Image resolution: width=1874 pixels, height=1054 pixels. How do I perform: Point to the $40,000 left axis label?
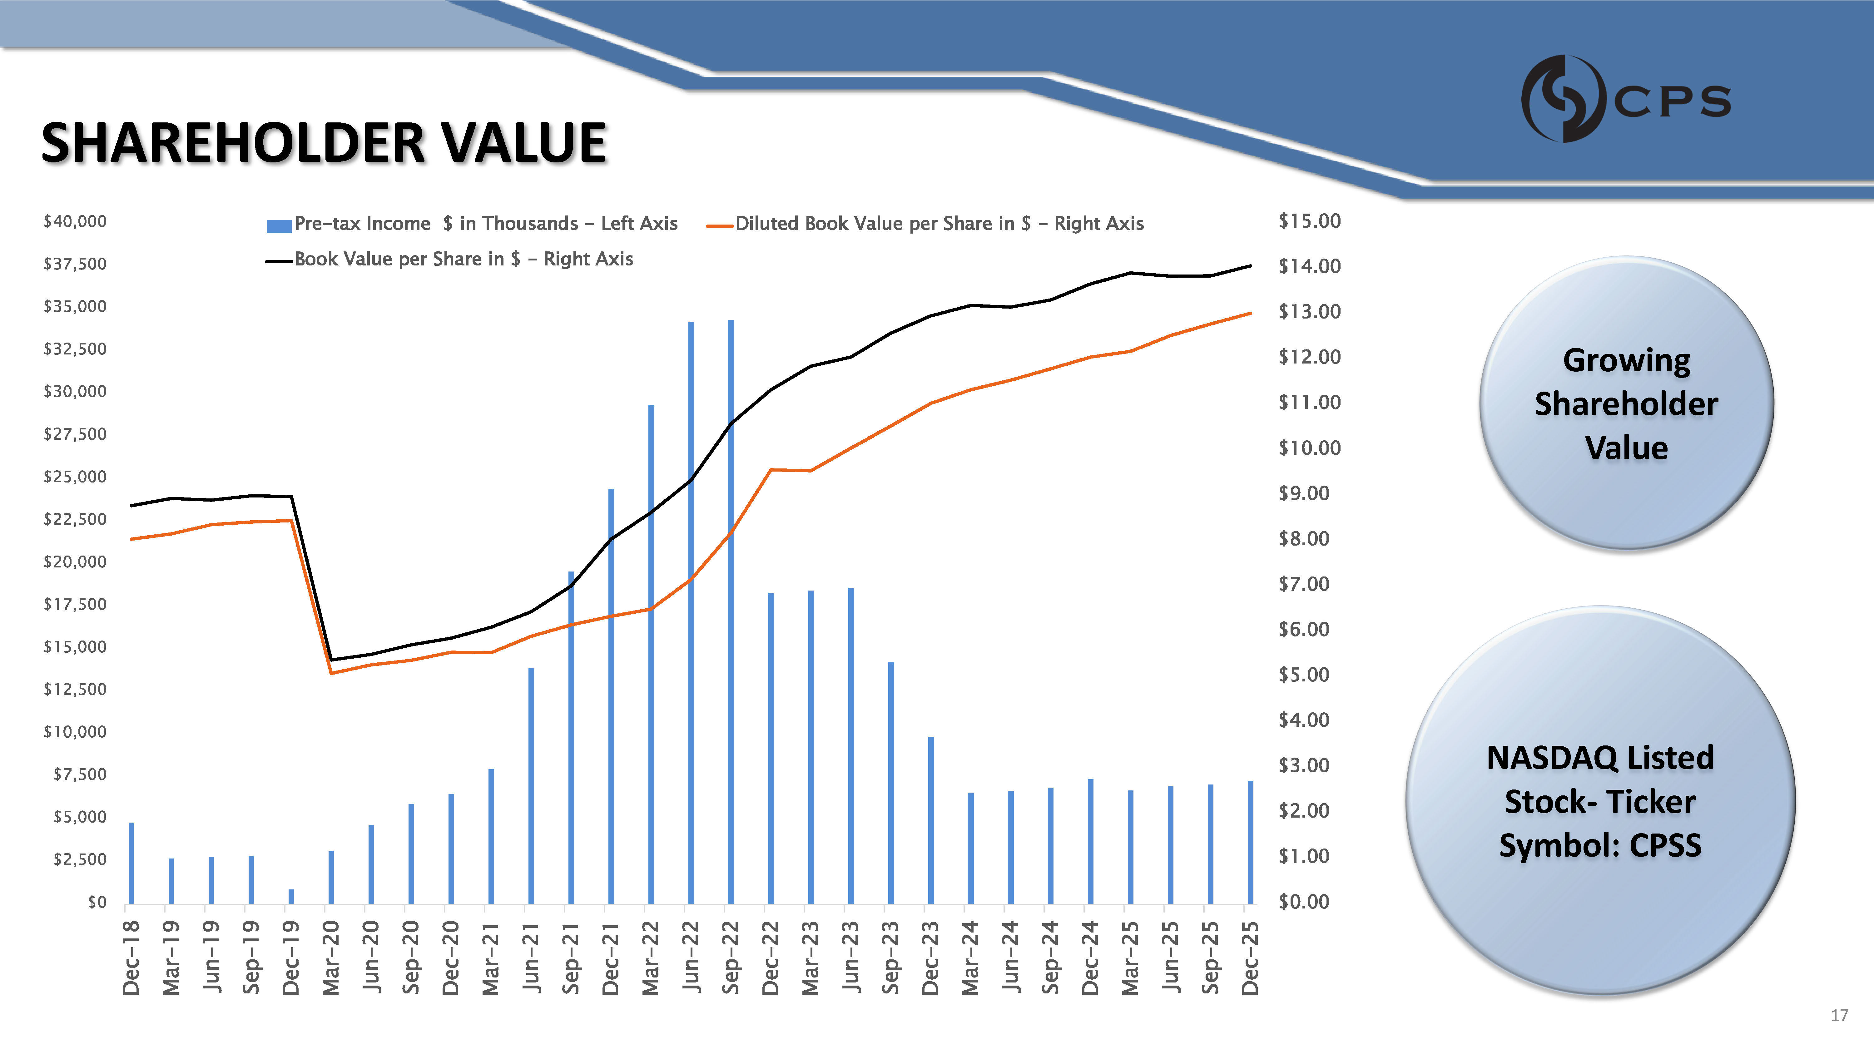[x=75, y=221]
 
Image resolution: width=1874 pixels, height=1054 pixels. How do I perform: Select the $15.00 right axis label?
[x=1310, y=221]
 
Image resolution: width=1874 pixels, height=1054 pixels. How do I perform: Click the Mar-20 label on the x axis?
[x=331, y=957]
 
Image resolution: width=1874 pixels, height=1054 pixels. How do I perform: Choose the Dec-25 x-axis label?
[x=1250, y=957]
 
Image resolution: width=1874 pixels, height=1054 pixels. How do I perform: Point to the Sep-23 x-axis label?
[x=890, y=957]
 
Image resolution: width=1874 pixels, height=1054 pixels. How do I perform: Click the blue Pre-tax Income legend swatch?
[x=279, y=225]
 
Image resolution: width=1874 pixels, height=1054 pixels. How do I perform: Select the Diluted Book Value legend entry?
[x=939, y=223]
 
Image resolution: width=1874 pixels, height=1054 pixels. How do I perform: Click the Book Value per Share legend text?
[x=464, y=259]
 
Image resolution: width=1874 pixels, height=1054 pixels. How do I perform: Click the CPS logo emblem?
[x=1563, y=98]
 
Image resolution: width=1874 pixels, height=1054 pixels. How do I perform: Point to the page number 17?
[x=1839, y=1016]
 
